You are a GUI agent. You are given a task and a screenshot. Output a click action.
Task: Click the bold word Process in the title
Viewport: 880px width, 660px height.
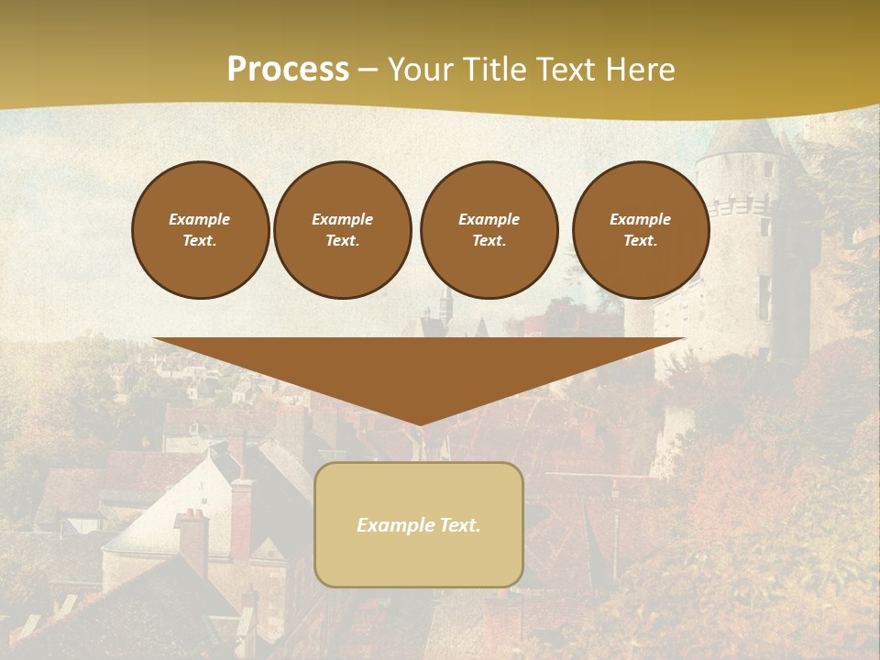coord(288,70)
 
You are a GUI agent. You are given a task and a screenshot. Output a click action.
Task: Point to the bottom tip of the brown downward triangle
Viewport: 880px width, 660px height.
coord(419,423)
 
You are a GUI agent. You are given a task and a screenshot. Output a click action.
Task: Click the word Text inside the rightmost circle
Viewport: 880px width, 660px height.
coord(640,241)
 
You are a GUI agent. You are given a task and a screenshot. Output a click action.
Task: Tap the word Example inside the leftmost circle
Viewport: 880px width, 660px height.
coord(200,219)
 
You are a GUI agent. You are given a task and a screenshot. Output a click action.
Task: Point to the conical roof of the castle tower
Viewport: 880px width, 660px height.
coord(744,137)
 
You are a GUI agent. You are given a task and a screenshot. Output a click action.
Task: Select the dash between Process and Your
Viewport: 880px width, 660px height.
coord(368,71)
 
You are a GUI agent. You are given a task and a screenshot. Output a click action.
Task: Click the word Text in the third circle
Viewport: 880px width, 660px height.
coord(489,241)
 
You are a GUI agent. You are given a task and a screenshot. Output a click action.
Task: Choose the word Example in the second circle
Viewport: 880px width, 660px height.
coord(342,219)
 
